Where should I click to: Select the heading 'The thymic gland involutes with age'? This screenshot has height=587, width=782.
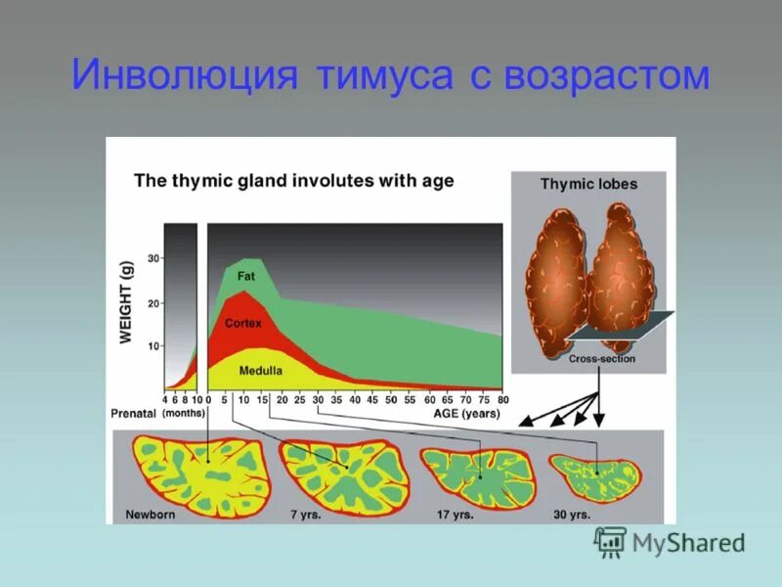click(x=293, y=181)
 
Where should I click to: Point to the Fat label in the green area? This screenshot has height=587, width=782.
click(x=246, y=277)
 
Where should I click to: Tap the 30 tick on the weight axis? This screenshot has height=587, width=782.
click(x=153, y=258)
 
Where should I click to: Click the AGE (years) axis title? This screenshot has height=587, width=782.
click(x=467, y=414)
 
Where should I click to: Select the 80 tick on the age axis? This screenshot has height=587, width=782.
click(x=503, y=399)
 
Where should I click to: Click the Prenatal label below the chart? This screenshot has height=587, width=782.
click(x=134, y=415)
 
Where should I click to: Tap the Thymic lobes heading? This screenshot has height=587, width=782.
click(x=588, y=184)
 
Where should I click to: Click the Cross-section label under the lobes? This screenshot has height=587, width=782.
click(x=601, y=359)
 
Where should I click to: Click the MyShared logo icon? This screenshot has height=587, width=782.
click(x=610, y=541)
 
